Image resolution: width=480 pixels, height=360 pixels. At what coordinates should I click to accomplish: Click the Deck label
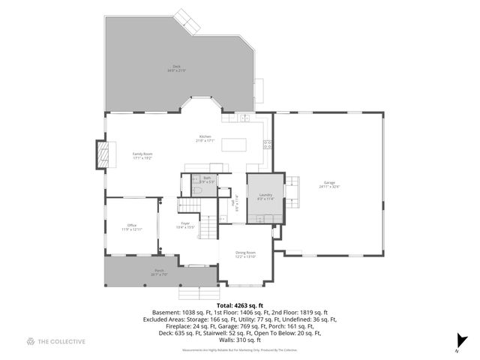tap(177, 68)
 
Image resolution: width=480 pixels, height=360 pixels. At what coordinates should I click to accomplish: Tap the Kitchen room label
tap(205, 138)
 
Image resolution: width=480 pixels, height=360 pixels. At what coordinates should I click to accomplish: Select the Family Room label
tap(142, 155)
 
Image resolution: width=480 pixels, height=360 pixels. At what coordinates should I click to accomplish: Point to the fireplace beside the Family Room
tap(102, 155)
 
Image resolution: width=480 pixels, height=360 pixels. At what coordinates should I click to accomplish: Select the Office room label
tap(131, 227)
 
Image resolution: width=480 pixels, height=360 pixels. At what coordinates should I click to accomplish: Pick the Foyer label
tap(184, 225)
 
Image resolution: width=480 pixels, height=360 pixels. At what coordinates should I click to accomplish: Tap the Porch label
tap(159, 271)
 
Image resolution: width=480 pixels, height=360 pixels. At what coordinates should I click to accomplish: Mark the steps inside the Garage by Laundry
tap(293, 192)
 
